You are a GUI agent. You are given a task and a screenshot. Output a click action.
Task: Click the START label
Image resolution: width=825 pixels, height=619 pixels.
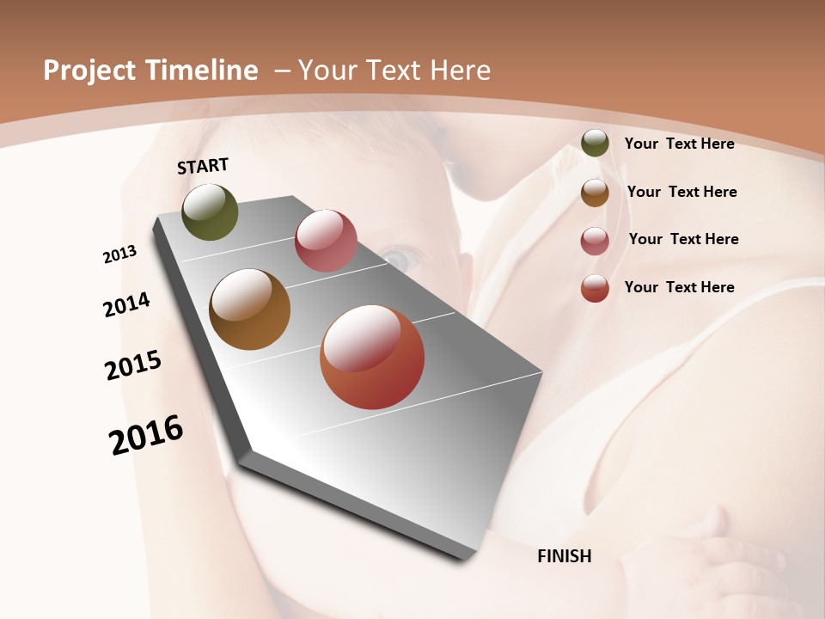(203, 166)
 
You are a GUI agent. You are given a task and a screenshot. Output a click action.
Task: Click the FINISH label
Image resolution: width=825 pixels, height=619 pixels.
(565, 556)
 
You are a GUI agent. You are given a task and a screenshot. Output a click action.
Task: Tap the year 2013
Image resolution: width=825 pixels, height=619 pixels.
(119, 254)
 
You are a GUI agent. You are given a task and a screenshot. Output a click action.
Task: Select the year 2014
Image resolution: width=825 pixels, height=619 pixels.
(126, 305)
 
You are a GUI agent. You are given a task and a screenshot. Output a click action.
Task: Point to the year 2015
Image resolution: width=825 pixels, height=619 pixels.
(133, 365)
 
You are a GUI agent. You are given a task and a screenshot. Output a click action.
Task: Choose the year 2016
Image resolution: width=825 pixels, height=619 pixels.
(146, 435)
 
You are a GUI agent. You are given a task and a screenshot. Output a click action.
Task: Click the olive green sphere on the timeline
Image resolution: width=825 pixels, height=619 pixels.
(210, 212)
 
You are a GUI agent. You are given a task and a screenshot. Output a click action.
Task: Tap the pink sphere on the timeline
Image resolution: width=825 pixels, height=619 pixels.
(326, 241)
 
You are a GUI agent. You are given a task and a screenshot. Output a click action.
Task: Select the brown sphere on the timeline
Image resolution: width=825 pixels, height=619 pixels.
(250, 309)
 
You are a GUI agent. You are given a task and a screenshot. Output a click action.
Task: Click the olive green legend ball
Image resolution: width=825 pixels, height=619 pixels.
(595, 143)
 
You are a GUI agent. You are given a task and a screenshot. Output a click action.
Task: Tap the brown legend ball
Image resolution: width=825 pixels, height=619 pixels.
(595, 193)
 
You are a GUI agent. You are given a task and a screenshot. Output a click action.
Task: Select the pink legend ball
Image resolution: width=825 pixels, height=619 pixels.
(595, 241)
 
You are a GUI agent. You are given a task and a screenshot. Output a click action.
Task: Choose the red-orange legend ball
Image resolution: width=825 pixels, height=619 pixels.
(595, 288)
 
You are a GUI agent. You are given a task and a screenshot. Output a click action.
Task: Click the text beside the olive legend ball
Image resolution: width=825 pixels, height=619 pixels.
(679, 144)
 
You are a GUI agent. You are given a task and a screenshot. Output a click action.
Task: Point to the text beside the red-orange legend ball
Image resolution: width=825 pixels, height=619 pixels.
(679, 287)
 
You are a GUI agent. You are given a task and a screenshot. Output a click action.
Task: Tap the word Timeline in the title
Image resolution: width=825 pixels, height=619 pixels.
(201, 70)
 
